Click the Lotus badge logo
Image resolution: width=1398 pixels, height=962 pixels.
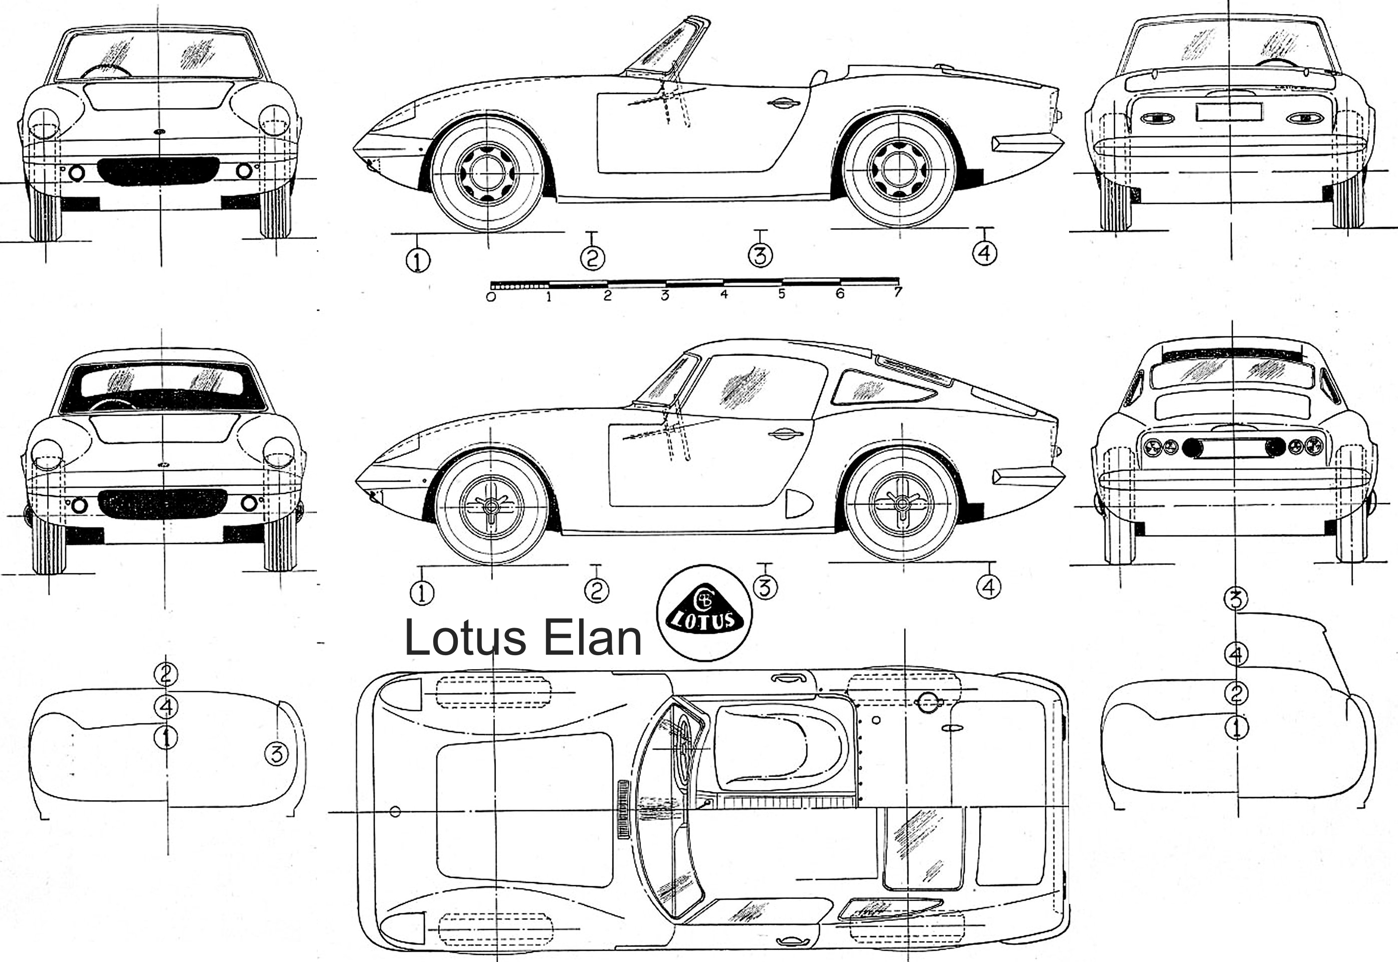(704, 613)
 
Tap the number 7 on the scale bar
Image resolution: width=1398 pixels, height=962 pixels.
(898, 292)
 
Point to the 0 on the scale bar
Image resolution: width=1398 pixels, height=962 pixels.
(491, 297)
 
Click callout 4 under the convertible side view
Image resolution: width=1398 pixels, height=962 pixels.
(984, 253)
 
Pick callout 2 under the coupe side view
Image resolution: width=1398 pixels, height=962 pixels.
(596, 590)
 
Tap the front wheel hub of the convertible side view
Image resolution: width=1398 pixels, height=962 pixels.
(487, 172)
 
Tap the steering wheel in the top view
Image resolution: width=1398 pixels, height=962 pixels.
(684, 748)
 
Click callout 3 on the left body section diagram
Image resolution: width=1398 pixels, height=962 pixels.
(276, 753)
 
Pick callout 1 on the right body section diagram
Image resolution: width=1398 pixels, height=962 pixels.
(1237, 728)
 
